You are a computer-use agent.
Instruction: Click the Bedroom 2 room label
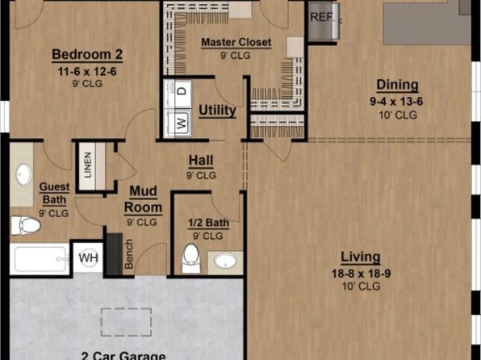(x=87, y=55)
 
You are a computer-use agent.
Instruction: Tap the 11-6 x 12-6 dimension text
(x=87, y=72)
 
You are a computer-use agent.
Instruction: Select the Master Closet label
(x=236, y=42)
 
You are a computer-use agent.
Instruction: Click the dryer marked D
(x=178, y=90)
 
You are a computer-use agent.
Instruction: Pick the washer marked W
(x=178, y=123)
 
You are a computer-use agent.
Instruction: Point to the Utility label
(x=217, y=111)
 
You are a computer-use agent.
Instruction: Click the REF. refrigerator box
(x=324, y=20)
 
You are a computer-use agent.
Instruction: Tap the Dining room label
(x=397, y=85)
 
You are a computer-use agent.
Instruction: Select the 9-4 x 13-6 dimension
(x=396, y=101)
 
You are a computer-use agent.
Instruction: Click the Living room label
(x=361, y=257)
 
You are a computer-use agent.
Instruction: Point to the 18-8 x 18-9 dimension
(x=361, y=273)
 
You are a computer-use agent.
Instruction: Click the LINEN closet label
(x=88, y=165)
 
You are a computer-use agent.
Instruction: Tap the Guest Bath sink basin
(x=23, y=174)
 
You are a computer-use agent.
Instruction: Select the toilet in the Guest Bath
(x=26, y=225)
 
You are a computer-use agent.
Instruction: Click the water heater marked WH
(x=88, y=257)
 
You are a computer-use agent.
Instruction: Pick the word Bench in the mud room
(x=129, y=253)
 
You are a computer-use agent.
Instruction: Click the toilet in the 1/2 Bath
(x=190, y=258)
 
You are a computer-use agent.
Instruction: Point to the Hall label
(x=201, y=161)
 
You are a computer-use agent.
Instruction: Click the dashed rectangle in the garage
(x=126, y=322)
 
